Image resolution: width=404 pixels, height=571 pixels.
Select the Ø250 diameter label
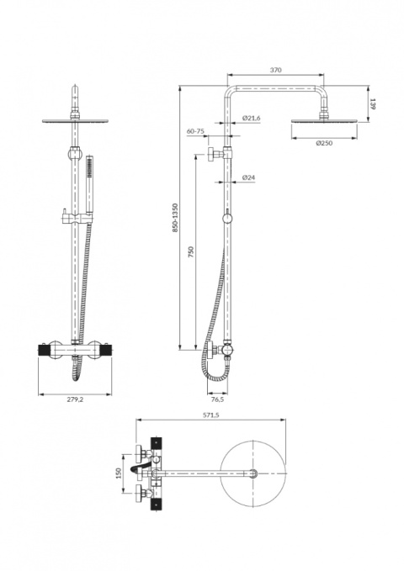325,143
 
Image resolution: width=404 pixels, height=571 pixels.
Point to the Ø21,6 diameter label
252,119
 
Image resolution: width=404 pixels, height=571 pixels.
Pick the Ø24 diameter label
249,177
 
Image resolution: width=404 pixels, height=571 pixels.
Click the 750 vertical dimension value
191,252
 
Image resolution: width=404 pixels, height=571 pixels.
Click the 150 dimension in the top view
119,473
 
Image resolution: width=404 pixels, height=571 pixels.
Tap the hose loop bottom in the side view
217,379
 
